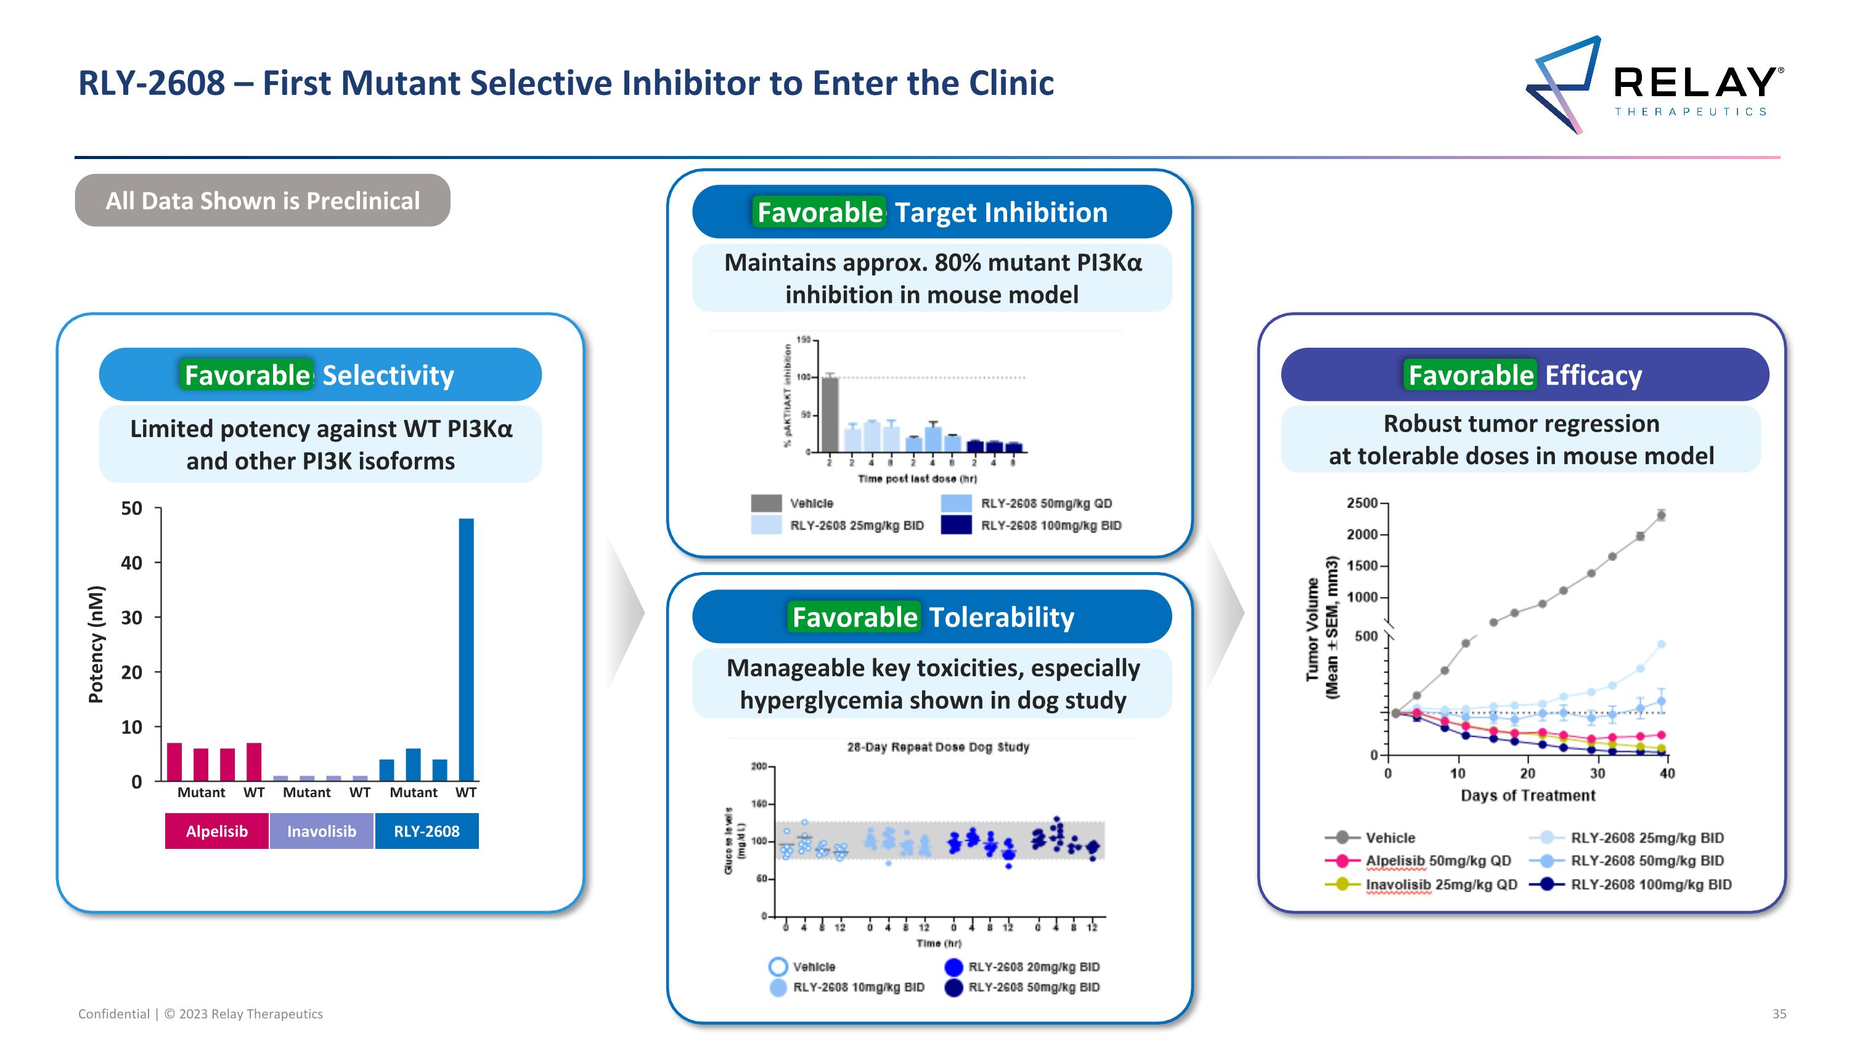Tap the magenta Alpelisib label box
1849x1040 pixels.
(x=217, y=831)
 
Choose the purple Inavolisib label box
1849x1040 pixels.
(x=322, y=831)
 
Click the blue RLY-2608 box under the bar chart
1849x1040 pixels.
(x=427, y=831)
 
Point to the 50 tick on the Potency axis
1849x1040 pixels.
(x=132, y=509)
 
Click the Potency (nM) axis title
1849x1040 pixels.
(x=96, y=644)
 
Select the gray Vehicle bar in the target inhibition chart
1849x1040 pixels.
(x=830, y=415)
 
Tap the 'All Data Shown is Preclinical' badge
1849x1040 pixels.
(x=262, y=201)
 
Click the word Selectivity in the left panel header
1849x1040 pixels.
(x=388, y=375)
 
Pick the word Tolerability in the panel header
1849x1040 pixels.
(x=1002, y=617)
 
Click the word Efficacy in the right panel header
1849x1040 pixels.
(x=1593, y=375)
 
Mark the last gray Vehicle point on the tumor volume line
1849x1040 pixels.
(x=1661, y=515)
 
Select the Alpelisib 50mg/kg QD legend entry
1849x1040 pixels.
(x=1438, y=861)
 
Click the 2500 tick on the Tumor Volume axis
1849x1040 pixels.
(x=1361, y=503)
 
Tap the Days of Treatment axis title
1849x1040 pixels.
(x=1527, y=795)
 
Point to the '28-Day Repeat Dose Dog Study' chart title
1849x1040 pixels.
(x=937, y=747)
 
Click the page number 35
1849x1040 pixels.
(x=1779, y=1013)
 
